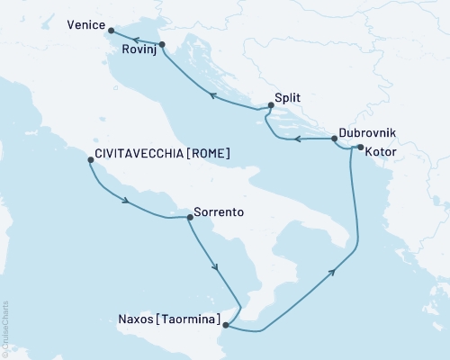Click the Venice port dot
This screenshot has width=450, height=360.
(x=111, y=32)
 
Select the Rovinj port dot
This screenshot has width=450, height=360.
(x=161, y=44)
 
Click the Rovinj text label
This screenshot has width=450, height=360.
(x=139, y=51)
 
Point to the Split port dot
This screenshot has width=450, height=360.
(x=270, y=104)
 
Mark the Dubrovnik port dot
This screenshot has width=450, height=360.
(x=335, y=139)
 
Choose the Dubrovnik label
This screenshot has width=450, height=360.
(x=367, y=130)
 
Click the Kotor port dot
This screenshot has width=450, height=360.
(x=359, y=148)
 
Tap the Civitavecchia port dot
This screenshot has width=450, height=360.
(x=90, y=160)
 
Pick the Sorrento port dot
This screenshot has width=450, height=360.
(x=189, y=217)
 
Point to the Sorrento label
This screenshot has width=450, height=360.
(x=220, y=215)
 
